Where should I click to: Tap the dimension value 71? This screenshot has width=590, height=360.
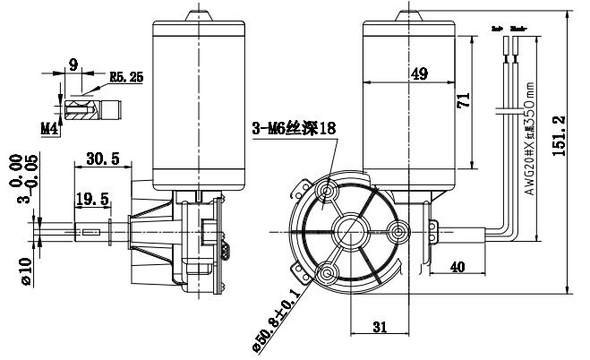click(x=463, y=102)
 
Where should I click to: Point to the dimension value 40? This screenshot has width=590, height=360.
click(x=457, y=266)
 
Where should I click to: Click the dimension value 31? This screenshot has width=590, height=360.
click(x=380, y=328)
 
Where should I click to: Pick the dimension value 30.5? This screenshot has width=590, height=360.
click(x=102, y=158)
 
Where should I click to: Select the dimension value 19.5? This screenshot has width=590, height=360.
click(x=92, y=198)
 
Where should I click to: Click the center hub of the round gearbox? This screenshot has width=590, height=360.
click(x=345, y=230)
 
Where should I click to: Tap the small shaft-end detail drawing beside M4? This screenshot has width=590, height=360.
click(x=90, y=111)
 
